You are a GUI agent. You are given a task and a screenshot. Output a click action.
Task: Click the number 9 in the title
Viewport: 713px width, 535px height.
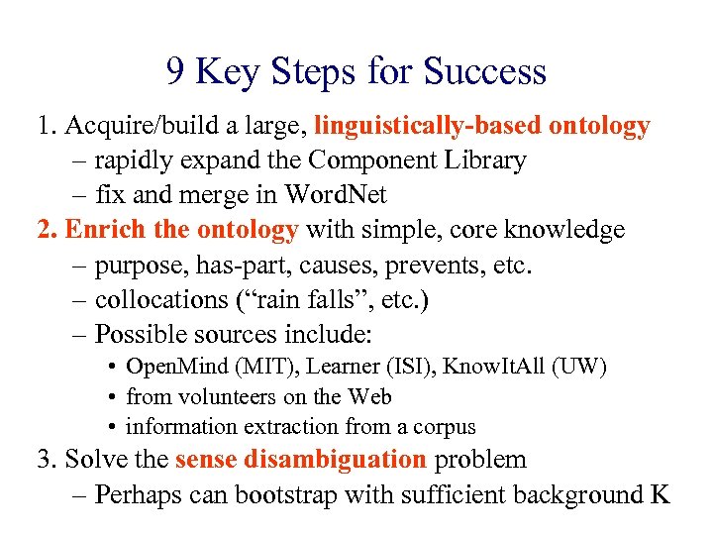pyautogui.click(x=175, y=72)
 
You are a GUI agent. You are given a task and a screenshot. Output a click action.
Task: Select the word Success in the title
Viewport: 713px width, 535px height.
pyautogui.click(x=484, y=72)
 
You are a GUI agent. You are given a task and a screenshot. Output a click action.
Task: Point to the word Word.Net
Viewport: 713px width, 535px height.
pyautogui.click(x=335, y=195)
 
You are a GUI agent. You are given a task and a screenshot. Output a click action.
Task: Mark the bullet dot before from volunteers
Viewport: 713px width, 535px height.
pyautogui.click(x=115, y=397)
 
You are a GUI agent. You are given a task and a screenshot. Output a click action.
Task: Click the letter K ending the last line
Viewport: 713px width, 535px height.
pyautogui.click(x=661, y=494)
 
